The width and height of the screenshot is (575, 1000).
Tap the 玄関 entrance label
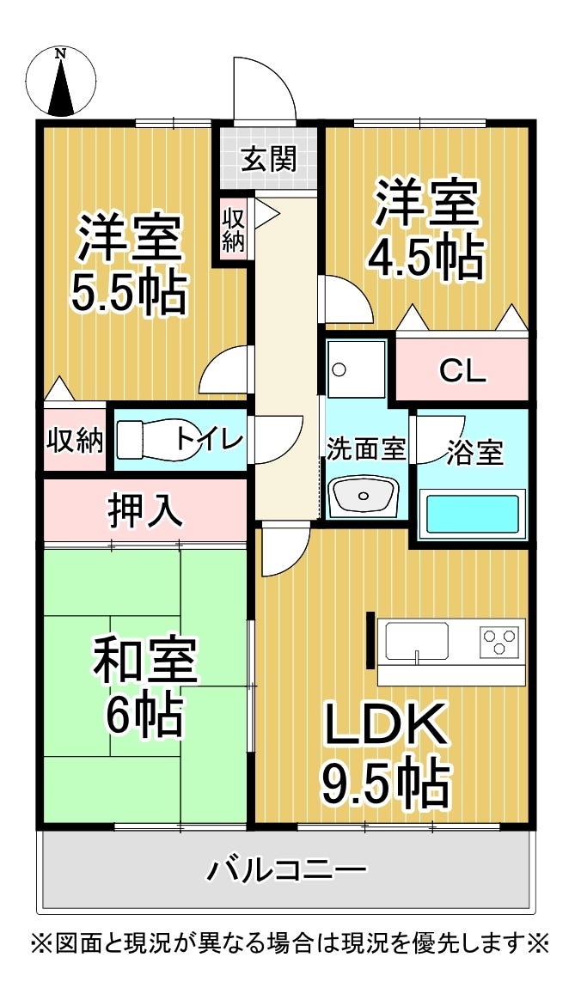click(x=269, y=159)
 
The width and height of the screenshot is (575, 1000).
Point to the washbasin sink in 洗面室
click(x=365, y=496)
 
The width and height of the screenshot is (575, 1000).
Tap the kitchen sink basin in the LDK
click(x=417, y=641)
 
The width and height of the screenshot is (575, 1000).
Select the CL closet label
click(x=462, y=371)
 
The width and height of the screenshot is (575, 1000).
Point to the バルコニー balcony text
click(x=286, y=870)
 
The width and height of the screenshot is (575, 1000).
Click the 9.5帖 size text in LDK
click(x=386, y=780)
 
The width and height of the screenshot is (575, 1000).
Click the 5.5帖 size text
click(x=129, y=293)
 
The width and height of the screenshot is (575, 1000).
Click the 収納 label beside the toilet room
click(x=75, y=440)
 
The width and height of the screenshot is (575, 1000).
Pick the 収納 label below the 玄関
click(x=233, y=228)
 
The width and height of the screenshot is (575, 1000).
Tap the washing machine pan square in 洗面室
click(x=356, y=368)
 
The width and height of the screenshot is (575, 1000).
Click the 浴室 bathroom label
click(x=474, y=453)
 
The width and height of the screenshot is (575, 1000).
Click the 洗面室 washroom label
click(x=365, y=448)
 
